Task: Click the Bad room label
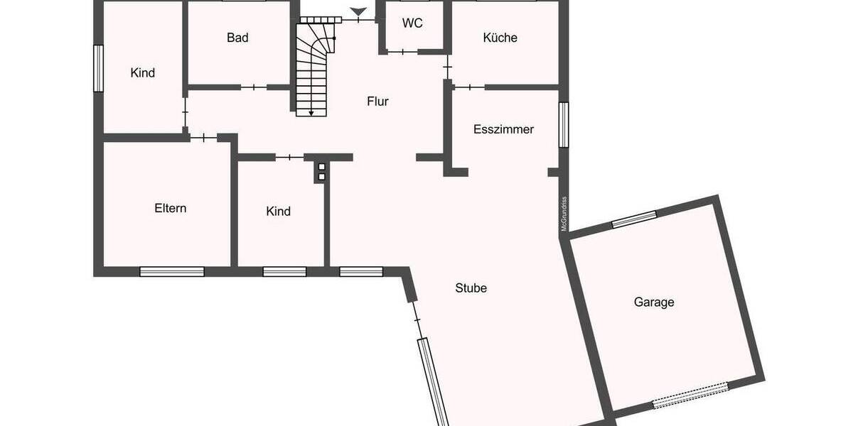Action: click(237, 38)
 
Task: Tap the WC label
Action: click(412, 23)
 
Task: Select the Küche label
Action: click(500, 38)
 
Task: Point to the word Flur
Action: click(377, 101)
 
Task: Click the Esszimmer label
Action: click(503, 129)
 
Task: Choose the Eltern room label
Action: click(170, 208)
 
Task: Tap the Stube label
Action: click(471, 288)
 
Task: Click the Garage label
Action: click(653, 302)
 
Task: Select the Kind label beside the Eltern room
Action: click(278, 211)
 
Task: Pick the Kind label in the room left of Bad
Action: click(142, 72)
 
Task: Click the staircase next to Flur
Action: click(313, 67)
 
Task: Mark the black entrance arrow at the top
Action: click(360, 11)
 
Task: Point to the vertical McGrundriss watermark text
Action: click(563, 214)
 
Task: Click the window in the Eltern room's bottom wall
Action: click(171, 271)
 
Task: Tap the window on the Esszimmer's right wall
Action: click(564, 125)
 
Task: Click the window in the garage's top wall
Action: click(634, 219)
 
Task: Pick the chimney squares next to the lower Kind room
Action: click(321, 171)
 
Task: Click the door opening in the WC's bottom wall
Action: click(403, 51)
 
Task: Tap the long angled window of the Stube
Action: click(434, 381)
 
